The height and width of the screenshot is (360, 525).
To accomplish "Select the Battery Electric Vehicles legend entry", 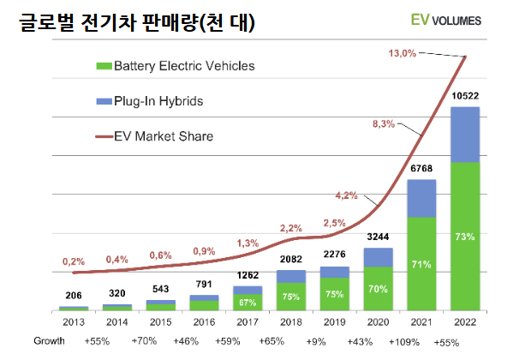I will point(183,65).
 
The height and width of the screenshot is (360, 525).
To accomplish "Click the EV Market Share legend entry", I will point(168,135).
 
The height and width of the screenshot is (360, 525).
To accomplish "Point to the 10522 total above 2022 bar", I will point(465,97).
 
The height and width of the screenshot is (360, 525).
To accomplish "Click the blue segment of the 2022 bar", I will point(465,135).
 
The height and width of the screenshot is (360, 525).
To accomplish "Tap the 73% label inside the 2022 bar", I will point(465,236).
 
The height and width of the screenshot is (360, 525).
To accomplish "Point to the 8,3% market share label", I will point(384,124).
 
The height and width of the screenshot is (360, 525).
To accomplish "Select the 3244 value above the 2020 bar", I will point(378,238).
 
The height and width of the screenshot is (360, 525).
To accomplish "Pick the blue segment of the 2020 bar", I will point(378,257).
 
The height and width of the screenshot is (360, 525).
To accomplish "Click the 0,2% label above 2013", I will point(73,261).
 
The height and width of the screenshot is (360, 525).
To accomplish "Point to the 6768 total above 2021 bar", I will point(421,169).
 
